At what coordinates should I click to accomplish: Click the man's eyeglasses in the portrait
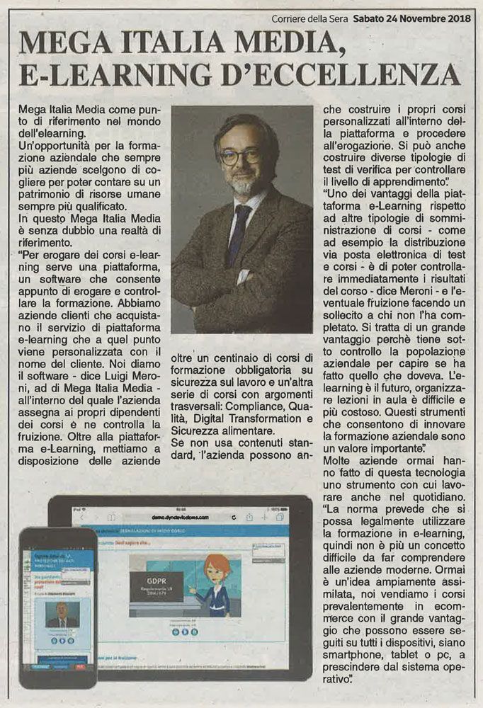[x=240, y=156]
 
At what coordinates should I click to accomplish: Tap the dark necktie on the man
[x=239, y=226]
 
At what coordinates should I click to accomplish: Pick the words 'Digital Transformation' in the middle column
[x=245, y=419]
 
